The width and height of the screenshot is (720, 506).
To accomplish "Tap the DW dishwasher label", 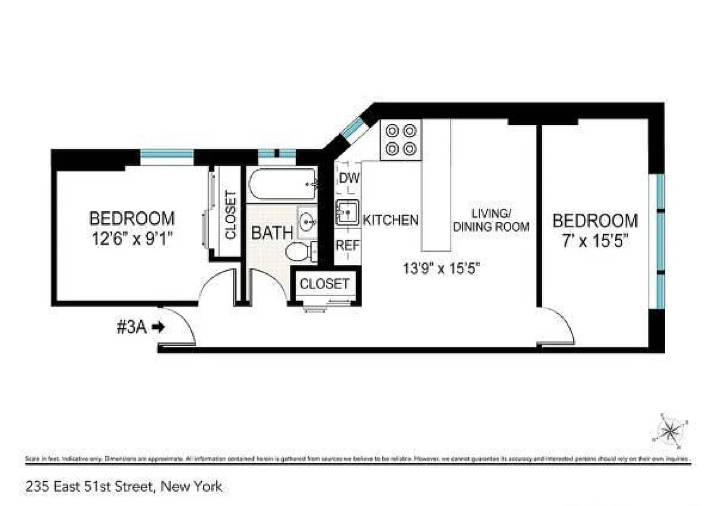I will (349, 178).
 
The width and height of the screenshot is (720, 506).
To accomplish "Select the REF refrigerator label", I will (347, 245).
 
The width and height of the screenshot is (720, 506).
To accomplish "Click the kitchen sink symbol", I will (347, 213).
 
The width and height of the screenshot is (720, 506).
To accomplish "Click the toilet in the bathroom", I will (302, 252).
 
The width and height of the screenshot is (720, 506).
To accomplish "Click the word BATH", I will (273, 232).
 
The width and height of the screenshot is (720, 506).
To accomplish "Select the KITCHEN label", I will (390, 220).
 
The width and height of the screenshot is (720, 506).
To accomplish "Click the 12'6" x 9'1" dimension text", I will (132, 238).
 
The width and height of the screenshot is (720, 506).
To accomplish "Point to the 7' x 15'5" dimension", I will (595, 240).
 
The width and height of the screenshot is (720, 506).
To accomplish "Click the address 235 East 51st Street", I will (124, 486).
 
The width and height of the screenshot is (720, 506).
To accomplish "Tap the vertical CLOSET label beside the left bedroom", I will (230, 215).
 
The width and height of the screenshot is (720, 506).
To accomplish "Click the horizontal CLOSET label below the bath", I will (325, 284).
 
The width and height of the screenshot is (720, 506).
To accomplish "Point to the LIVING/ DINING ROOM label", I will (491, 219).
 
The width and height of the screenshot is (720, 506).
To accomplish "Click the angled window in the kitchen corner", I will (351, 128).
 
